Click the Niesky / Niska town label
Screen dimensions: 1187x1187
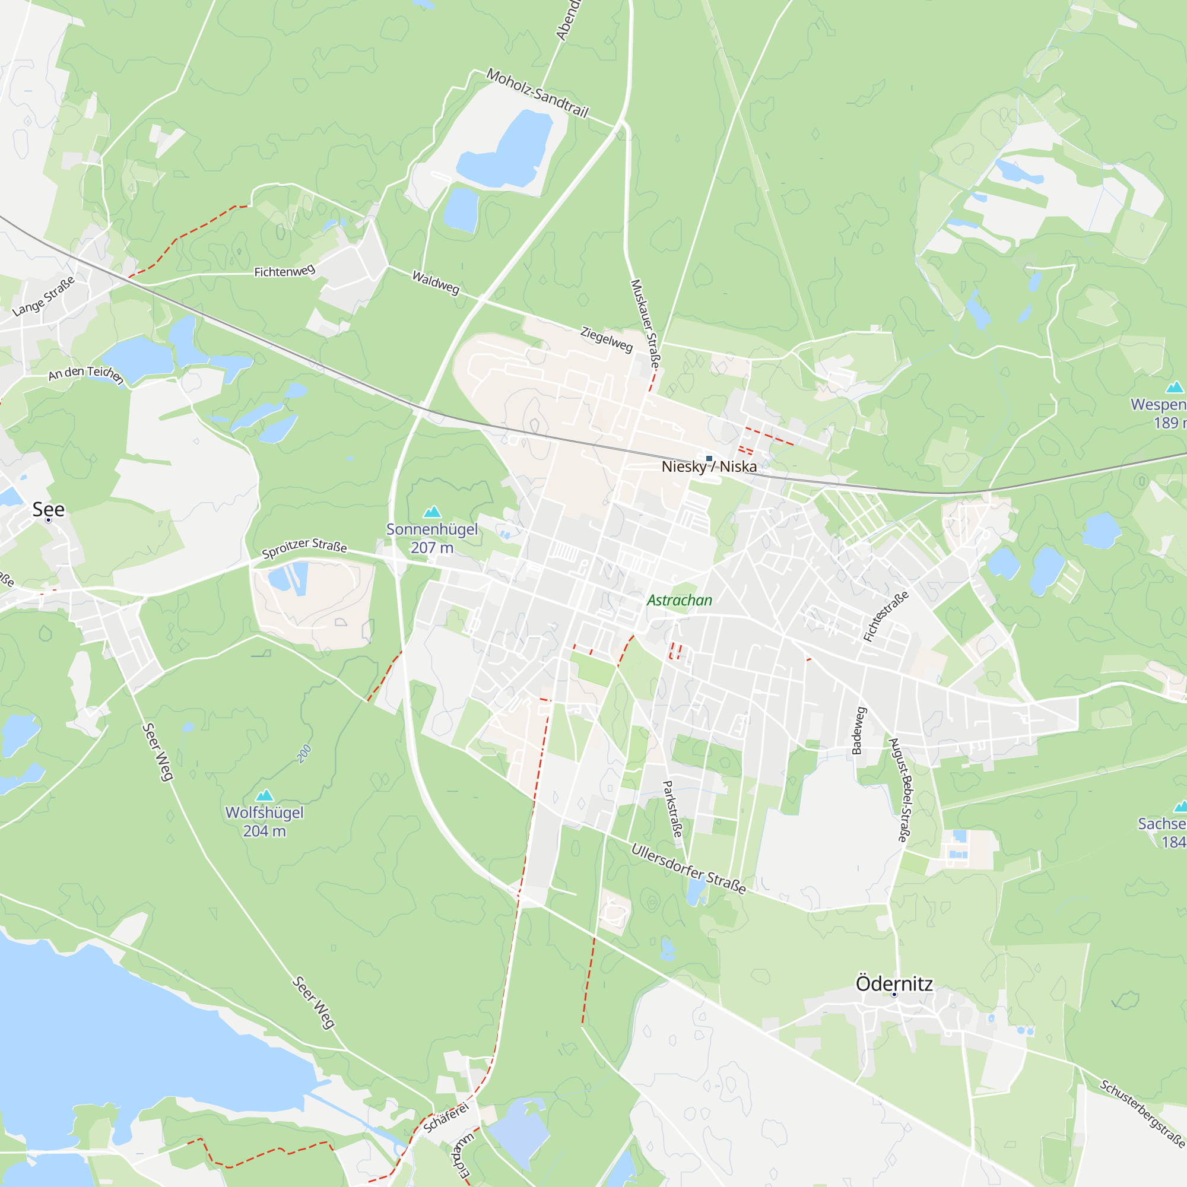click(x=709, y=467)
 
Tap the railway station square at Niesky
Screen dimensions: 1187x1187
click(x=709, y=458)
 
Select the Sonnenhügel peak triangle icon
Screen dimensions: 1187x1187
click(x=433, y=512)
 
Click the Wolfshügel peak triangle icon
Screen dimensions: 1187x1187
click(x=264, y=795)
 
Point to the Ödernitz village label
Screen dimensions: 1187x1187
click(x=894, y=983)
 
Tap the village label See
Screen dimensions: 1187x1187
click(x=49, y=509)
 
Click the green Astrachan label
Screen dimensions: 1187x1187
click(x=680, y=600)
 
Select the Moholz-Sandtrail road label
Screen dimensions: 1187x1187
click(x=538, y=93)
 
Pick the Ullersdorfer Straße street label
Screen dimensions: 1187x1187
click(x=688, y=869)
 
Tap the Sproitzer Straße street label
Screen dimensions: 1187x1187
click(x=304, y=547)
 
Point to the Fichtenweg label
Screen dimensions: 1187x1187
click(x=284, y=271)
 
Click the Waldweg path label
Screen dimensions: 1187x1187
click(x=436, y=283)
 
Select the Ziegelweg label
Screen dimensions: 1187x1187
click(x=607, y=339)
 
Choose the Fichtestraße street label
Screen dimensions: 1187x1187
click(x=886, y=616)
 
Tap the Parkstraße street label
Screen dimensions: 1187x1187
click(x=673, y=808)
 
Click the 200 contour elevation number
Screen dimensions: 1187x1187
click(x=304, y=754)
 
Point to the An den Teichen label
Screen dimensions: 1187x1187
click(x=86, y=373)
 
